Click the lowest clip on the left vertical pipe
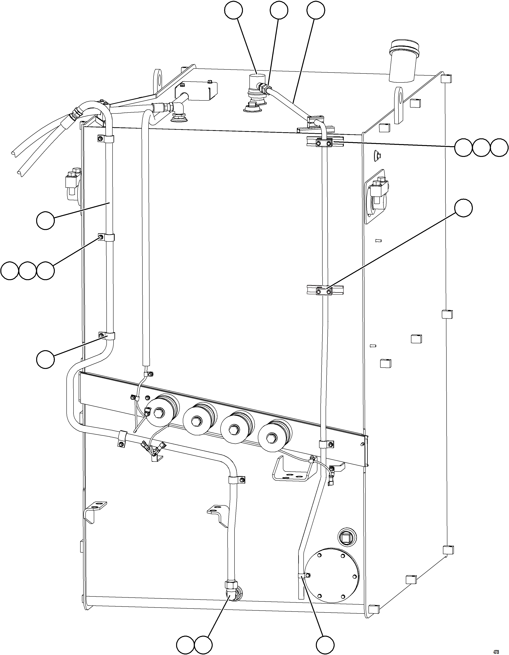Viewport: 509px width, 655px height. tap(109, 336)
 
